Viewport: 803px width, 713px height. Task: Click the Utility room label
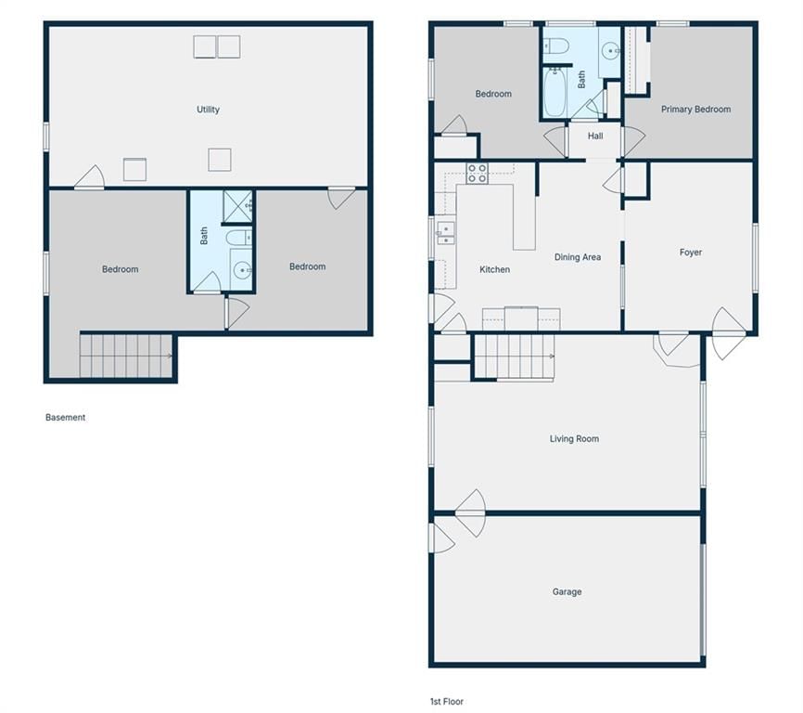point(208,110)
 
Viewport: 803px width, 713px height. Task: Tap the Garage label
point(567,591)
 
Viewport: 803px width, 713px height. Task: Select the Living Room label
point(574,439)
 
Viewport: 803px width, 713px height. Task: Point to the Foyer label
point(690,253)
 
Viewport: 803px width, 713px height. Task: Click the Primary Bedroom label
point(695,110)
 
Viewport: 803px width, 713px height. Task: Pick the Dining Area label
point(578,257)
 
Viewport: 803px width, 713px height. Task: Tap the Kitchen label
point(494,269)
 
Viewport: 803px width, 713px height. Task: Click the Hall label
point(595,136)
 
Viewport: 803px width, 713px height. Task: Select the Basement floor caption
point(65,417)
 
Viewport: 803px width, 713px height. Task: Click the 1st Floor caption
point(447,701)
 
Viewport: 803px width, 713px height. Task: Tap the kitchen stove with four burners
point(477,174)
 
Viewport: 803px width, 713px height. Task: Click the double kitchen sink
point(445,233)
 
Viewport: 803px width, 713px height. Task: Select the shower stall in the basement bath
point(237,207)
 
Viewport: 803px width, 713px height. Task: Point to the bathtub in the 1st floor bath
point(554,93)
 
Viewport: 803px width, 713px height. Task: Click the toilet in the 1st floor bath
point(555,46)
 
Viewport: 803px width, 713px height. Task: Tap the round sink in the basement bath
point(241,269)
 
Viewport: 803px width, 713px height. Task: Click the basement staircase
point(126,356)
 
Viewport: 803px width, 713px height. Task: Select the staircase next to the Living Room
point(514,356)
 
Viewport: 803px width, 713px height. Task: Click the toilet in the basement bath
point(238,238)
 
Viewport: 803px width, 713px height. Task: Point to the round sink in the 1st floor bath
point(610,51)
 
